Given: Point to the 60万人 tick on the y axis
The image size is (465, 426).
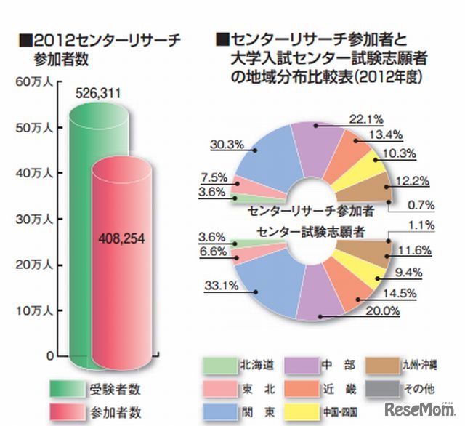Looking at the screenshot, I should pyautogui.click(x=30, y=81).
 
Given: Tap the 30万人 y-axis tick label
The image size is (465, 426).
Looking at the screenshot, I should pyautogui.click(x=30, y=219).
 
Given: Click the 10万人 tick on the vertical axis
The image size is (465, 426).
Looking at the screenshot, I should pyautogui.click(x=30, y=310).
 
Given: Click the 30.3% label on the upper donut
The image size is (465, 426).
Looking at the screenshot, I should pyautogui.click(x=226, y=144).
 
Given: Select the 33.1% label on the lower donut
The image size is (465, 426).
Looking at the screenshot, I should pyautogui.click(x=226, y=286).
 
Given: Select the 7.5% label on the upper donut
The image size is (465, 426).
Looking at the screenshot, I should pyautogui.click(x=215, y=178).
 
